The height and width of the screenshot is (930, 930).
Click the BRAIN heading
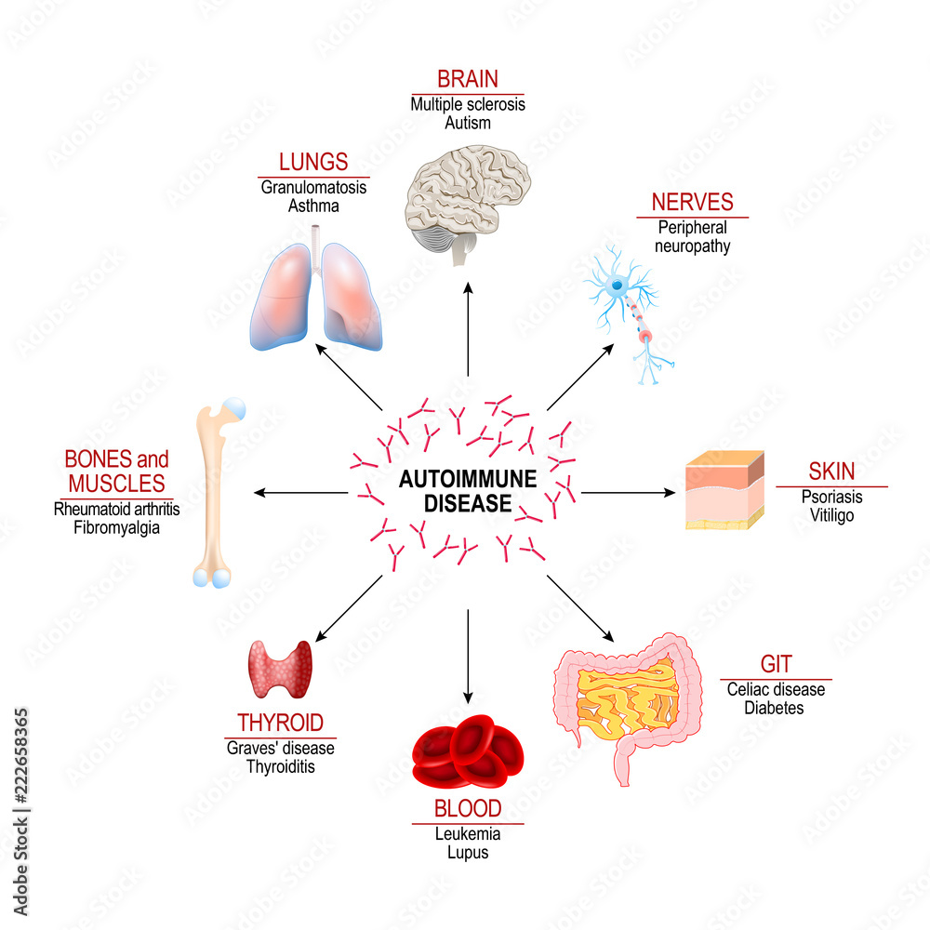click(468, 80)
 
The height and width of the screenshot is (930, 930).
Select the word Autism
click(468, 123)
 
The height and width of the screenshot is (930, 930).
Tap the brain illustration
click(468, 206)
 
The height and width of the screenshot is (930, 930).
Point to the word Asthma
click(313, 206)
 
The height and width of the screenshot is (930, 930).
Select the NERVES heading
click(692, 202)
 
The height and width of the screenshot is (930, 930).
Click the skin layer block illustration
click(724, 490)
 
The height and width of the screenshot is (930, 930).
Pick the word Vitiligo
click(831, 514)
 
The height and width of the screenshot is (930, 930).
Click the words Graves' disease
click(280, 748)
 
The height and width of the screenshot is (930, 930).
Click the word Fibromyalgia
click(116, 528)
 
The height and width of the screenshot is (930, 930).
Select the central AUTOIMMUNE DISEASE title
click(456, 491)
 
